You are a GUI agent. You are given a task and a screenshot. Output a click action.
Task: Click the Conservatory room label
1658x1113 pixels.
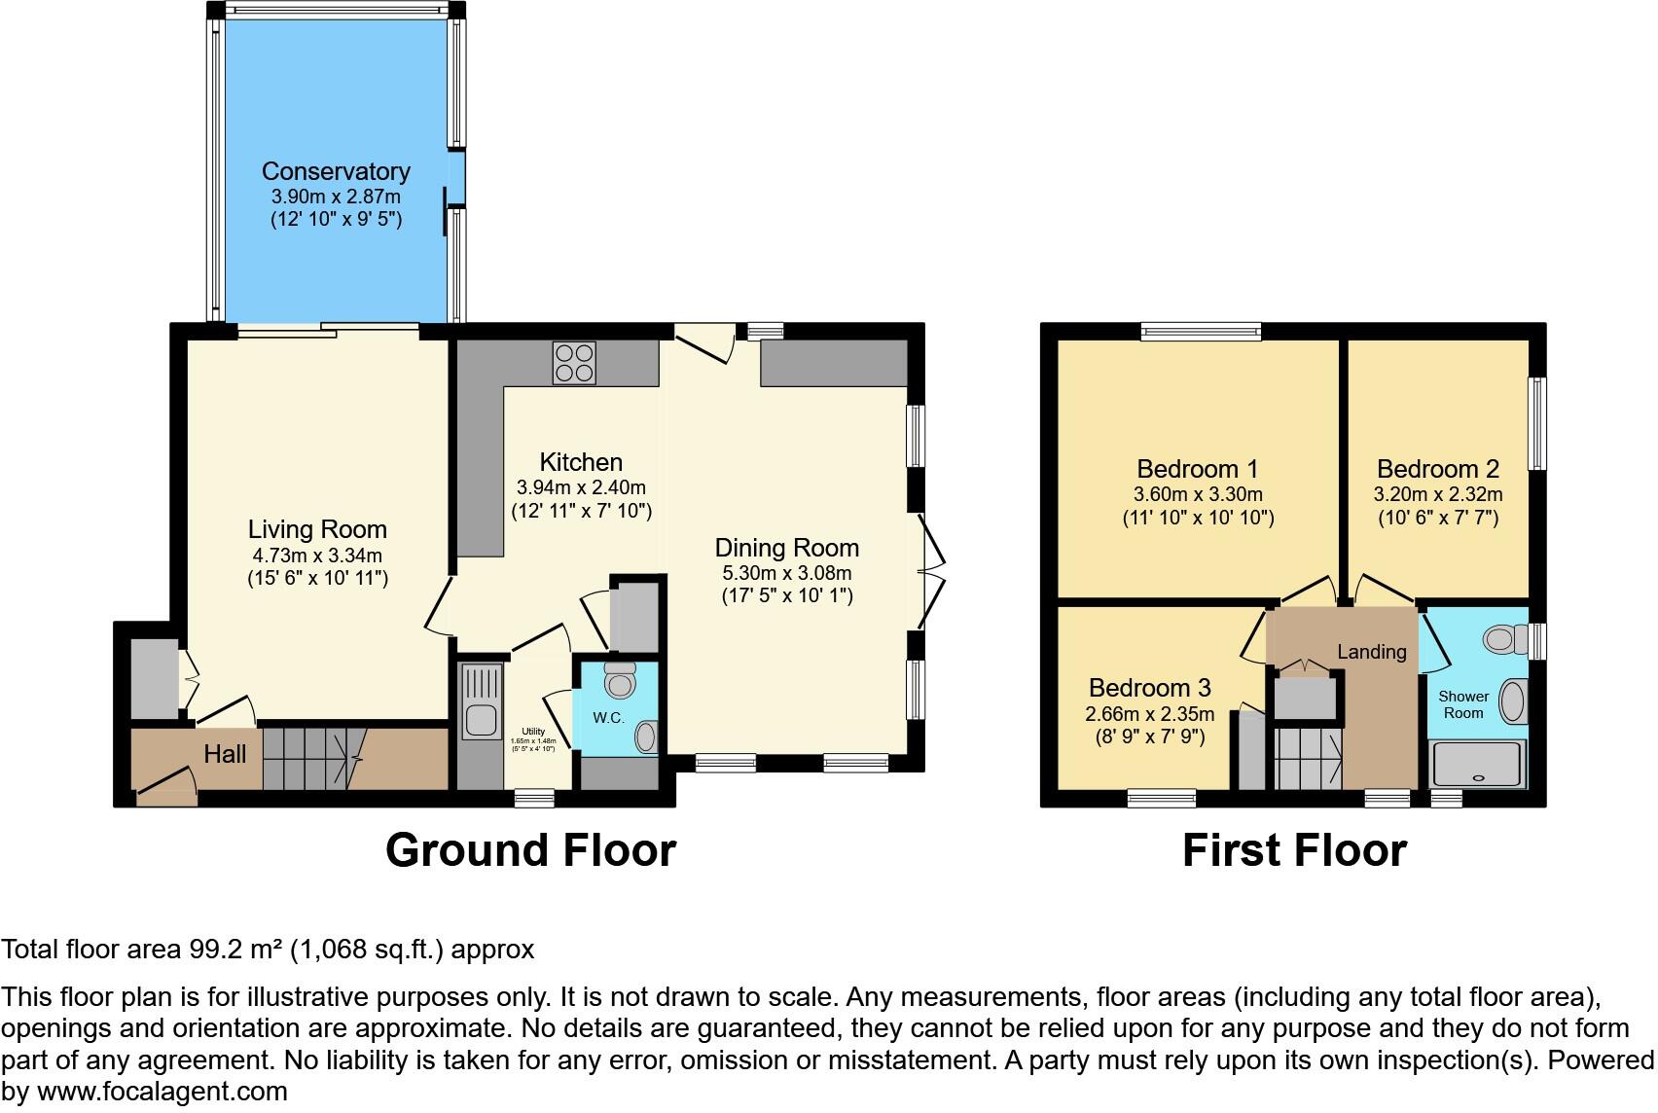point(336,171)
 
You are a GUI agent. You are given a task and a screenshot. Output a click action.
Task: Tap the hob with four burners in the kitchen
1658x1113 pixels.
point(574,363)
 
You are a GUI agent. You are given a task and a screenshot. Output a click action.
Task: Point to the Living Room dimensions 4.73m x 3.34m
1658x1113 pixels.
point(317,556)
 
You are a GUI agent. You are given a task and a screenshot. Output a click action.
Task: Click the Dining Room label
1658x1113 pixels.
point(786,547)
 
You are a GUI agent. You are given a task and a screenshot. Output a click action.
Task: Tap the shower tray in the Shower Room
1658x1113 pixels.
point(1477,764)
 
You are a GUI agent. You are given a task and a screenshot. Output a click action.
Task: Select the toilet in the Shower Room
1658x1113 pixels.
point(1504,638)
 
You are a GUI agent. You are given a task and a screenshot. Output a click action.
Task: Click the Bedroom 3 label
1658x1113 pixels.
point(1149,688)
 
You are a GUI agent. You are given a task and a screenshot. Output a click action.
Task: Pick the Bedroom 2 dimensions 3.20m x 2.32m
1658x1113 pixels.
point(1437,494)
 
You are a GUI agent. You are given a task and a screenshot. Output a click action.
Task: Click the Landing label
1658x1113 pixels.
point(1371,652)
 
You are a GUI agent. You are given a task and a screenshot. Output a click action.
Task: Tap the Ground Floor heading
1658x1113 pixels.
point(530,850)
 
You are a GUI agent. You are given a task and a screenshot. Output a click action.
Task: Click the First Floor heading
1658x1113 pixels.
point(1294,850)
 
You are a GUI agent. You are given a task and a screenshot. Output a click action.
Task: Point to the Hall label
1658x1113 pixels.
point(225,754)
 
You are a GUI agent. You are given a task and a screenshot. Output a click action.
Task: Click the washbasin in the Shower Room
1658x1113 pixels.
point(1512,700)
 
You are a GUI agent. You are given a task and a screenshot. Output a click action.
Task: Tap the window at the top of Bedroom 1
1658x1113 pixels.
point(1201,332)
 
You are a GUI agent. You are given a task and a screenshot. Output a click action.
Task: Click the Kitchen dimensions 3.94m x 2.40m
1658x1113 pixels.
point(581,487)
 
